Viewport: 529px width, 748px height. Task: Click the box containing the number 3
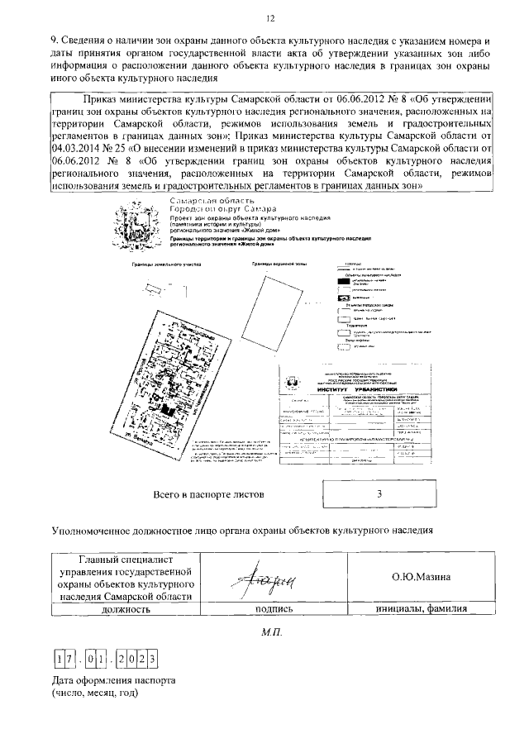click(x=379, y=495)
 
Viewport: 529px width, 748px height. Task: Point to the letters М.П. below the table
click(x=271, y=631)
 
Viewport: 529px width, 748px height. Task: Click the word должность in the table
click(x=125, y=609)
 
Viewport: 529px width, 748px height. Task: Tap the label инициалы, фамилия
click(x=416, y=609)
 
